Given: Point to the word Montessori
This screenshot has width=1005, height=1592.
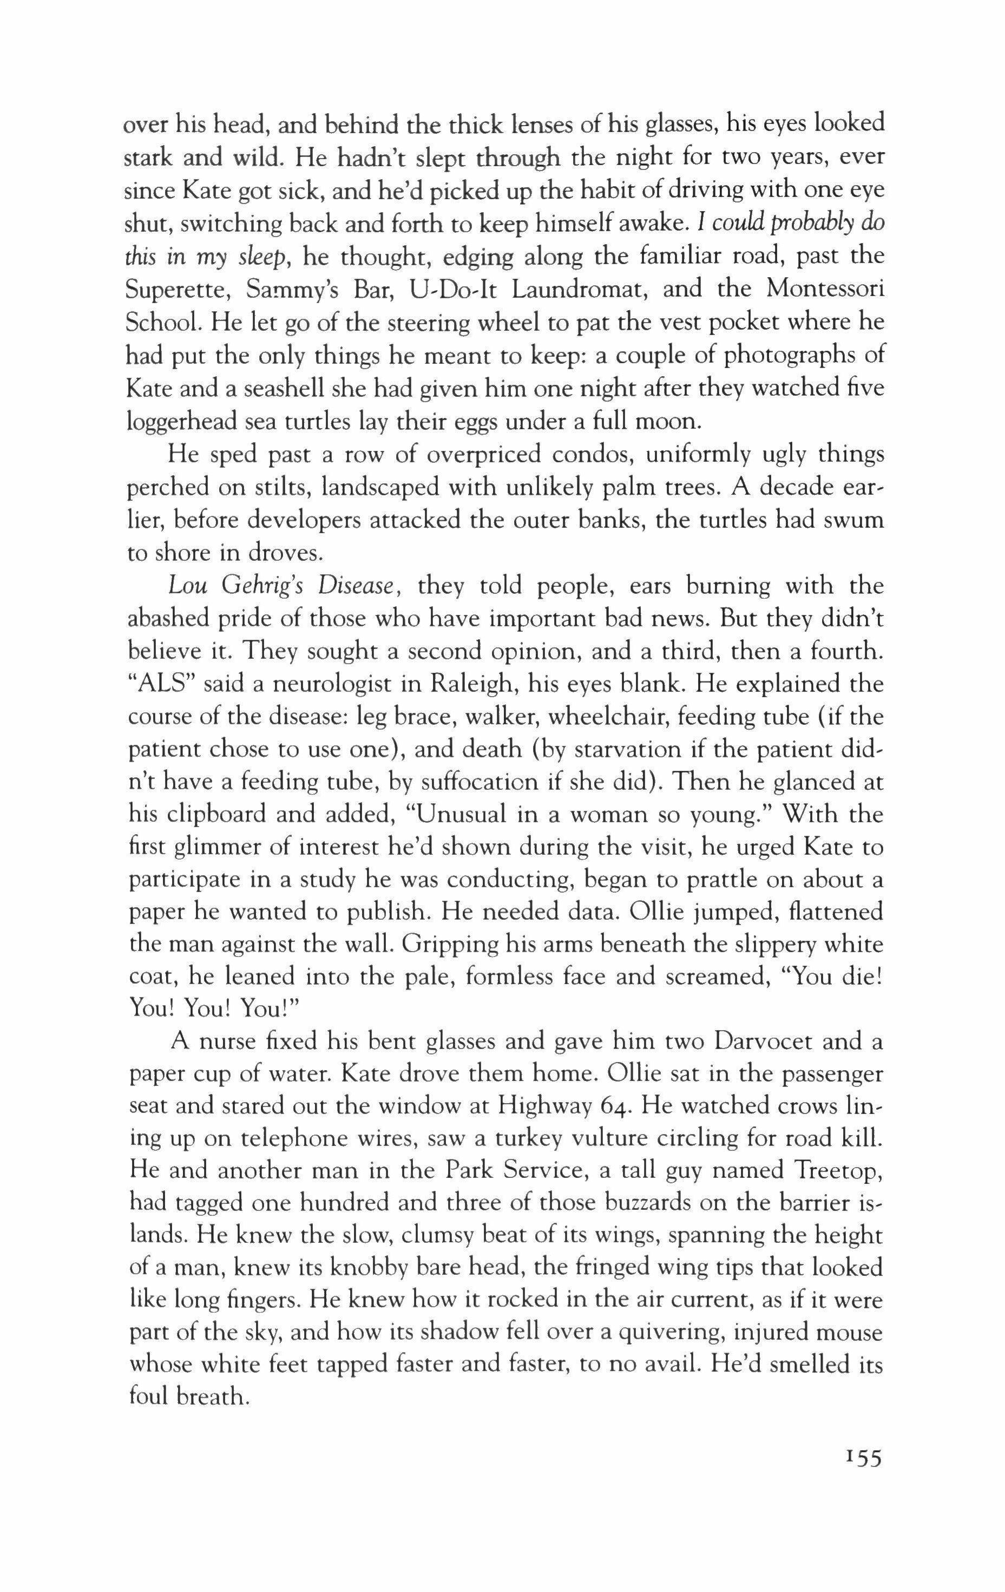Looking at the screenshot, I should pos(825,290).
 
